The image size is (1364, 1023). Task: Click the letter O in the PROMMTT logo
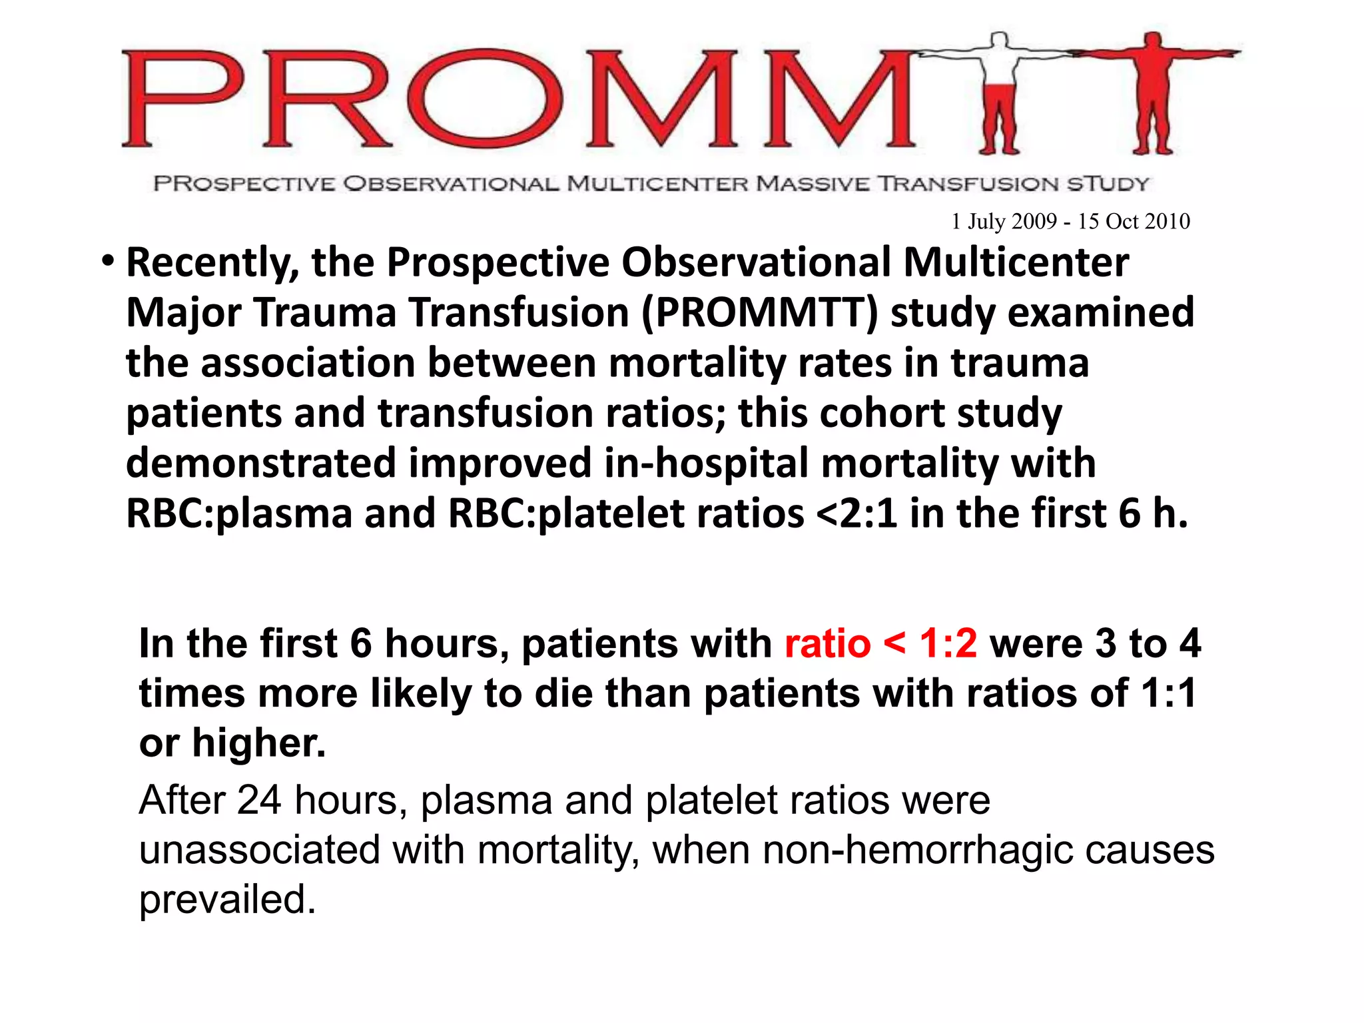coord(486,99)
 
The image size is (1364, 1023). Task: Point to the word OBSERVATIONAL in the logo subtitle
coord(451,183)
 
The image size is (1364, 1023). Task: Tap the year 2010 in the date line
coord(1167,221)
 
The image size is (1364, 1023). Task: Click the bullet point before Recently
coord(107,262)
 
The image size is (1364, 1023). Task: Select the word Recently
coord(212,262)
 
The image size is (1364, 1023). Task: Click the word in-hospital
coord(706,464)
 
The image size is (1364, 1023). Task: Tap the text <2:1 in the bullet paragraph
coord(856,513)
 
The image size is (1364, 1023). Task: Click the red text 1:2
coord(948,643)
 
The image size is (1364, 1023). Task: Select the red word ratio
coord(827,643)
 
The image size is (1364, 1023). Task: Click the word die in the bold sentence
coord(563,693)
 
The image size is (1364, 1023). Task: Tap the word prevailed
coord(227,900)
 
